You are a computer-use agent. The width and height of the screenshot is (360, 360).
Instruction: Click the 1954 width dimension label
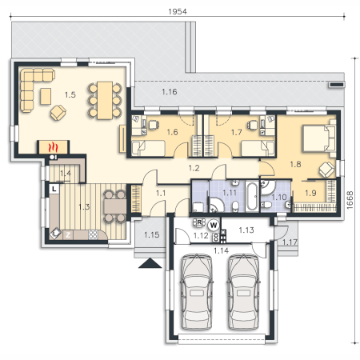coord(178,11)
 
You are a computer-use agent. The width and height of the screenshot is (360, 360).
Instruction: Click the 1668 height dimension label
coord(350,200)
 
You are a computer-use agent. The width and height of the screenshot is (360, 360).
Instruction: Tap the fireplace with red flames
coord(53,147)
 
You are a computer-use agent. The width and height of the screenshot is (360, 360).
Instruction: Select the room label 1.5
coord(70,94)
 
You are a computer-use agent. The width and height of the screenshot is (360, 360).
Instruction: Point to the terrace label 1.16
coord(170,92)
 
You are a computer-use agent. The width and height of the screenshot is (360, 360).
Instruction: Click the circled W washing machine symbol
coord(214,226)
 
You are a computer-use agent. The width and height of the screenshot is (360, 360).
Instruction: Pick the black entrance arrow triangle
coord(150,263)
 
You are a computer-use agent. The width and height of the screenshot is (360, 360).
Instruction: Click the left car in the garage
coord(197,291)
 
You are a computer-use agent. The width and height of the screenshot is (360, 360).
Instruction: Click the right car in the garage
coord(243,291)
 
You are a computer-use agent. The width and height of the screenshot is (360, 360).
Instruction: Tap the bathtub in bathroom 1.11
coord(252,196)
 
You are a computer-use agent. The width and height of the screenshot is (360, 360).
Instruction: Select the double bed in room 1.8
coord(318,138)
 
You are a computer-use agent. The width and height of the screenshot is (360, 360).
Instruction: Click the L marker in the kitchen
coord(54,189)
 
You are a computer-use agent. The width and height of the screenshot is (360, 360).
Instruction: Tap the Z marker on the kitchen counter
coord(68,235)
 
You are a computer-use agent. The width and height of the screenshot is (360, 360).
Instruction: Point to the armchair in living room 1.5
coord(58,113)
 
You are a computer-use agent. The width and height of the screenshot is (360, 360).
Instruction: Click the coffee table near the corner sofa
coord(46,96)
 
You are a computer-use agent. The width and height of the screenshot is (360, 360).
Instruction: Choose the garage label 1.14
coord(221,250)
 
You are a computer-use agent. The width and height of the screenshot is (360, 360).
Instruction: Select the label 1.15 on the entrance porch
coord(151,235)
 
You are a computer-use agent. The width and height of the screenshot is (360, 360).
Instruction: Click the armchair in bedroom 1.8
coord(327,170)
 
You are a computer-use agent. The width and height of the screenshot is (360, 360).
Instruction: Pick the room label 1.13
coord(246,230)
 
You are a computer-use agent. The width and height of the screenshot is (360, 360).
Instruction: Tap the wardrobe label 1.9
coord(310,193)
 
